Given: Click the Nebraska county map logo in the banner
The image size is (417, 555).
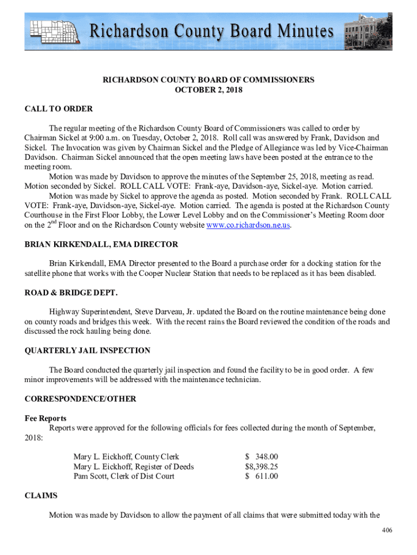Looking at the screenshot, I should point(55,31).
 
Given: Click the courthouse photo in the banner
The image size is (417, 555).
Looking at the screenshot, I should point(368,31).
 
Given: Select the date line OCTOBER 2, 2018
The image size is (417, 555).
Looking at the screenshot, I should point(208,90).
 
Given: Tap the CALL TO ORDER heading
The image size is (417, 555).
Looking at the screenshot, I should point(58,109).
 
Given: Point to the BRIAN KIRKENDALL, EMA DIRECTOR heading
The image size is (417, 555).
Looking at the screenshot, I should point(101,244).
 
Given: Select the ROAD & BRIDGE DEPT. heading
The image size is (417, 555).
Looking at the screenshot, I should point(71,293).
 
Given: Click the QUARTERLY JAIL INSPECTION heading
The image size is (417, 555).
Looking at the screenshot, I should point(87,351).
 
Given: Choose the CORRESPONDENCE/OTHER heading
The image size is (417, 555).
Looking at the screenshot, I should point(80,399).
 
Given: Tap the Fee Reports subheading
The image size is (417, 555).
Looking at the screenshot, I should point(45,418).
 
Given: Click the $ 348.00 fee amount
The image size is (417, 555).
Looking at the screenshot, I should point(262,457).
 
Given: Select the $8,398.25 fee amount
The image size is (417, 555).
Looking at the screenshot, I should point(262,467).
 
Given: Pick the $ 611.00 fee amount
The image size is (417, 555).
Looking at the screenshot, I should point(262,476).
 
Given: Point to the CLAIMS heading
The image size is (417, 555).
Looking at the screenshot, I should point(41,495).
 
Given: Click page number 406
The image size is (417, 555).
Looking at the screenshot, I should point(387,530).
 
